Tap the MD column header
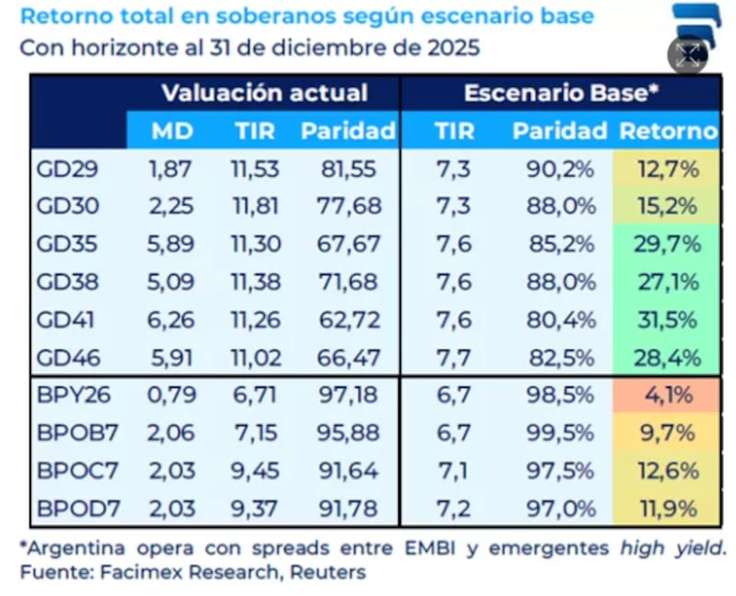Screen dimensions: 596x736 click(x=172, y=131)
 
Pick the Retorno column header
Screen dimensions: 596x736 click(x=668, y=131)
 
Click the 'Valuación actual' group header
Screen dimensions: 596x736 click(x=264, y=93)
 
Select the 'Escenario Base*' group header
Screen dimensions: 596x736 click(x=561, y=93)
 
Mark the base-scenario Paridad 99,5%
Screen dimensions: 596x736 click(x=561, y=433)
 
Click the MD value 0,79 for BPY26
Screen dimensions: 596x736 click(x=171, y=396)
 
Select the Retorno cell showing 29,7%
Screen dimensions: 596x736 click(x=670, y=244)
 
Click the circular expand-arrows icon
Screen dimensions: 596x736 click(x=687, y=55)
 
